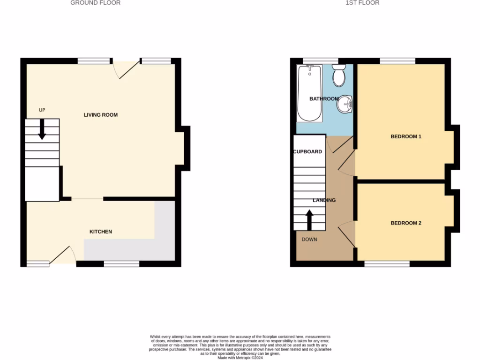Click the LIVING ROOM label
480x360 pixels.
[100, 115]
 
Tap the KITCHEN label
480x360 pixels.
[101, 232]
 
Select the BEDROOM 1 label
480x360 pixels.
[406, 137]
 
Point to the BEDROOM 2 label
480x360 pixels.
[406, 223]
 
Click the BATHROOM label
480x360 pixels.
[324, 99]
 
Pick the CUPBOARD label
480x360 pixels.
[307, 152]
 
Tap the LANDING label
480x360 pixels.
[324, 200]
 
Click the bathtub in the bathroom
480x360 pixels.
[309, 92]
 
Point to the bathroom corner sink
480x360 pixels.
[345, 104]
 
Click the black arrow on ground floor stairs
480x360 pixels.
[42, 129]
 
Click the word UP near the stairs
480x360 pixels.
[42, 110]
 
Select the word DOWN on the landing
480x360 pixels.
[309, 240]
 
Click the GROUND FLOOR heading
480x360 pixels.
[95, 3]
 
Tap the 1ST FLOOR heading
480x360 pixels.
[362, 3]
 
